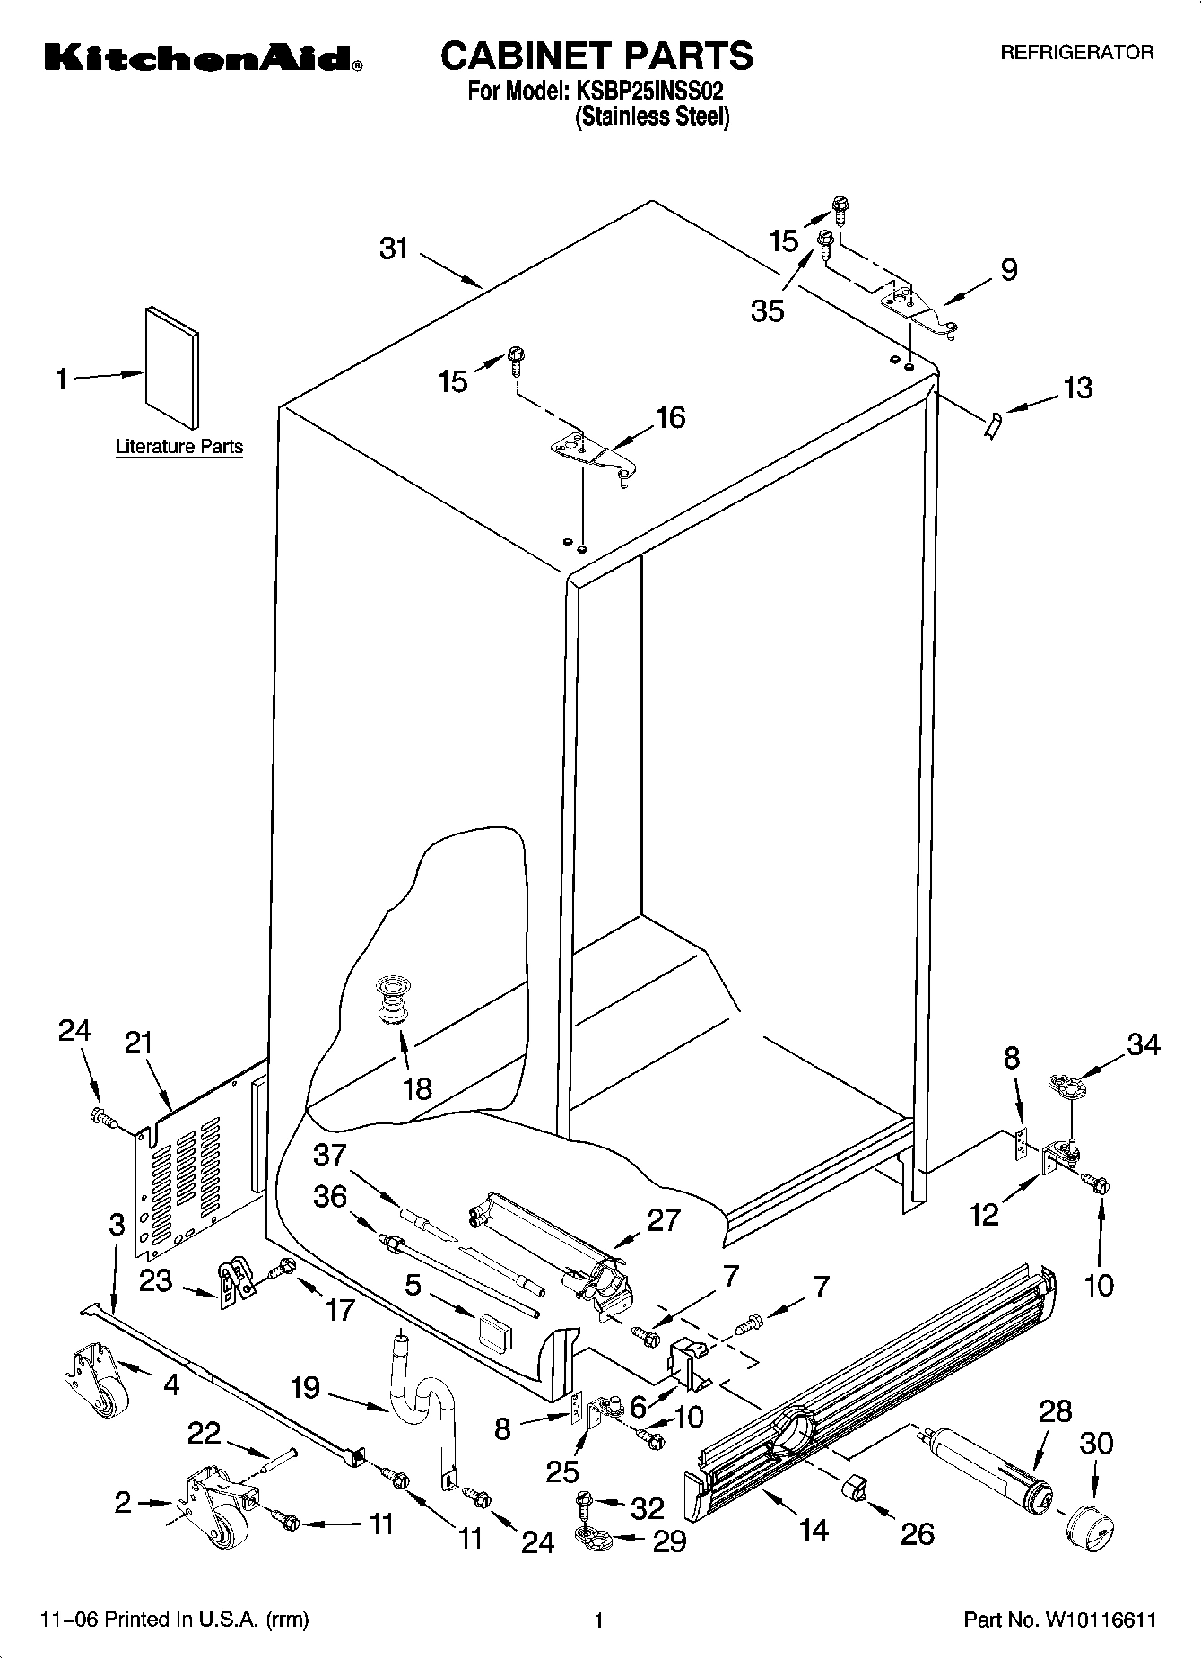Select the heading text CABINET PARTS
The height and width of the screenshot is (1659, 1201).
[596, 56]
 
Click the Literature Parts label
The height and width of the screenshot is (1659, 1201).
[179, 447]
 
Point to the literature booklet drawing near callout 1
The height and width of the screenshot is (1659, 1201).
[172, 368]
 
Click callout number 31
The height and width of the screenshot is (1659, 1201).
[394, 249]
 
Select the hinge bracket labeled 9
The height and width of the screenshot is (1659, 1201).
[918, 310]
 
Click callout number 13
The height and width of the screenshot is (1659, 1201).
[1077, 388]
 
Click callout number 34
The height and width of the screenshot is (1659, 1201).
[1143, 1045]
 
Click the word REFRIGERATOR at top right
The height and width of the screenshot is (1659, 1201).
[1076, 53]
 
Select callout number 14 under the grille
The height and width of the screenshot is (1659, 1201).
[814, 1529]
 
